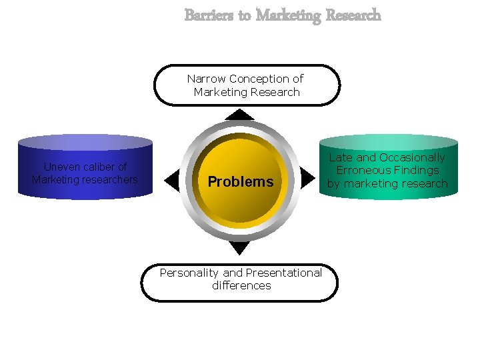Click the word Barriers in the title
[209, 15]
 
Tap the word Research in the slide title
[353, 15]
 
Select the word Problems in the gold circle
[240, 181]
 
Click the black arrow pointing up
[239, 115]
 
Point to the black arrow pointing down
[239, 247]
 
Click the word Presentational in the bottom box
[283, 273]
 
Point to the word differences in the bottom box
[241, 285]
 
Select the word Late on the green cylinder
[341, 157]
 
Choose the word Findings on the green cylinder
[415, 170]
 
